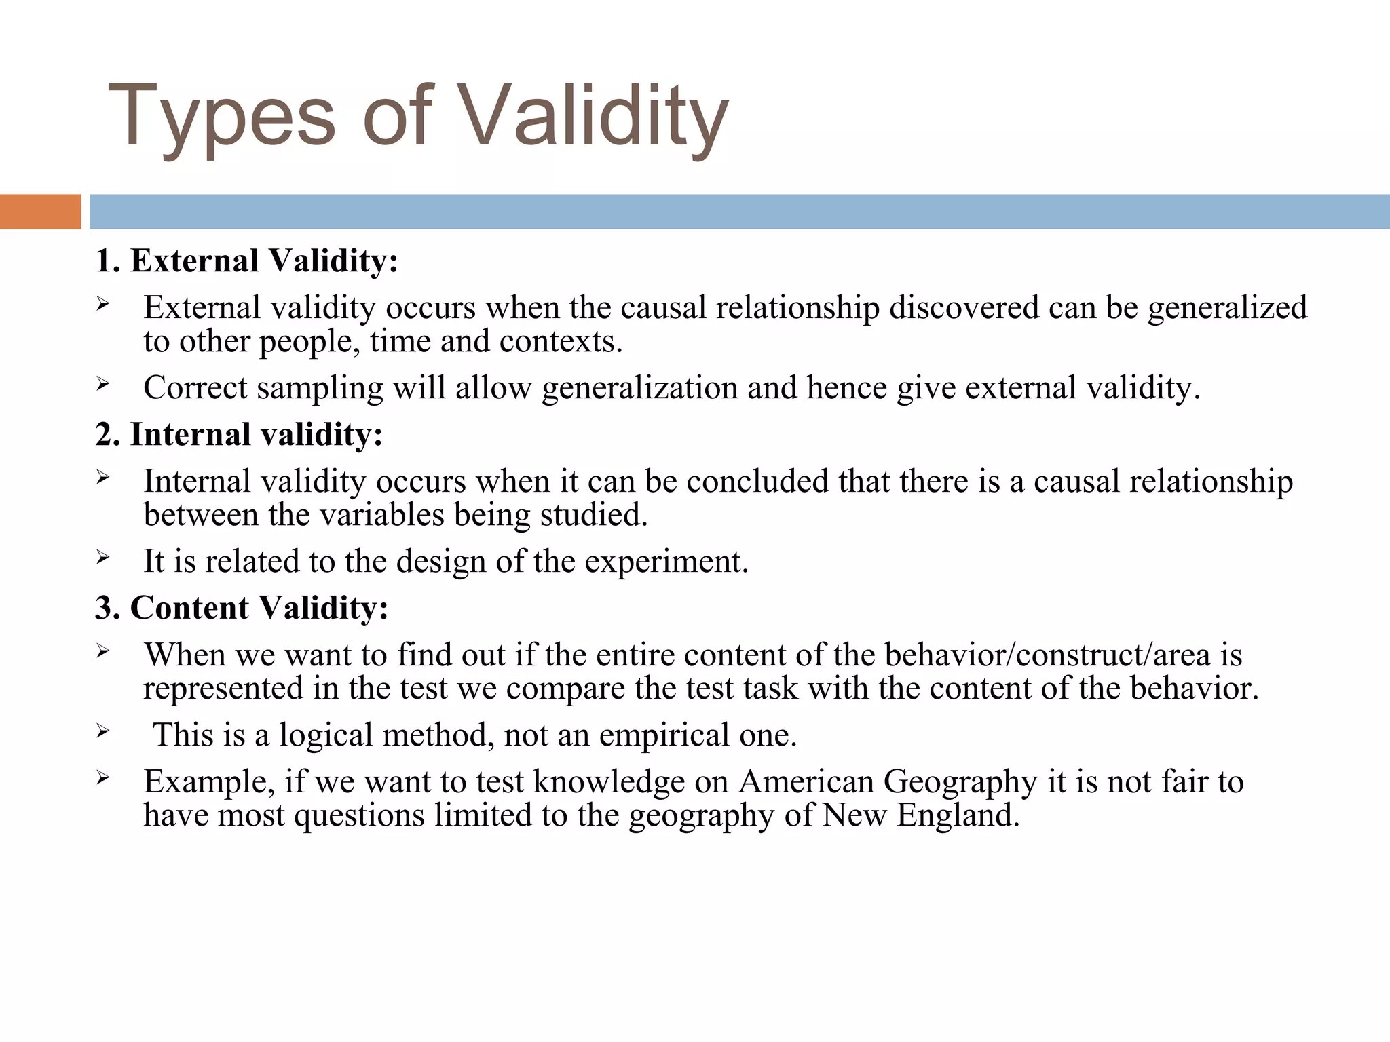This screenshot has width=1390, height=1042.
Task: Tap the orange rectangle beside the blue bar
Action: pyautogui.click(x=40, y=212)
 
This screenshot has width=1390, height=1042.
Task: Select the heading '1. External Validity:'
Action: pyautogui.click(x=246, y=261)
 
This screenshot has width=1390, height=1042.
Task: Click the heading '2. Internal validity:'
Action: pyautogui.click(x=239, y=435)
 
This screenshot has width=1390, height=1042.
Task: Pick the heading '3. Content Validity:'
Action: pyautogui.click(x=242, y=608)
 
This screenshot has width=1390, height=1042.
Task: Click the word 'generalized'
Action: pyautogui.click(x=1227, y=309)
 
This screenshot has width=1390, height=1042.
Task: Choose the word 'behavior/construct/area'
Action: pyautogui.click(x=1047, y=655)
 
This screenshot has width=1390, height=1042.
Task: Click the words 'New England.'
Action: pyautogui.click(x=921, y=815)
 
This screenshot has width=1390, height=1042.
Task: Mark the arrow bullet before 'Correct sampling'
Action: pyautogui.click(x=102, y=385)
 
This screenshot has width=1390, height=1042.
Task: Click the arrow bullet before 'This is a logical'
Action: pyautogui.click(x=102, y=731)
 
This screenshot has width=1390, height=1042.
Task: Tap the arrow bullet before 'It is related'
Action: pyautogui.click(x=102, y=558)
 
